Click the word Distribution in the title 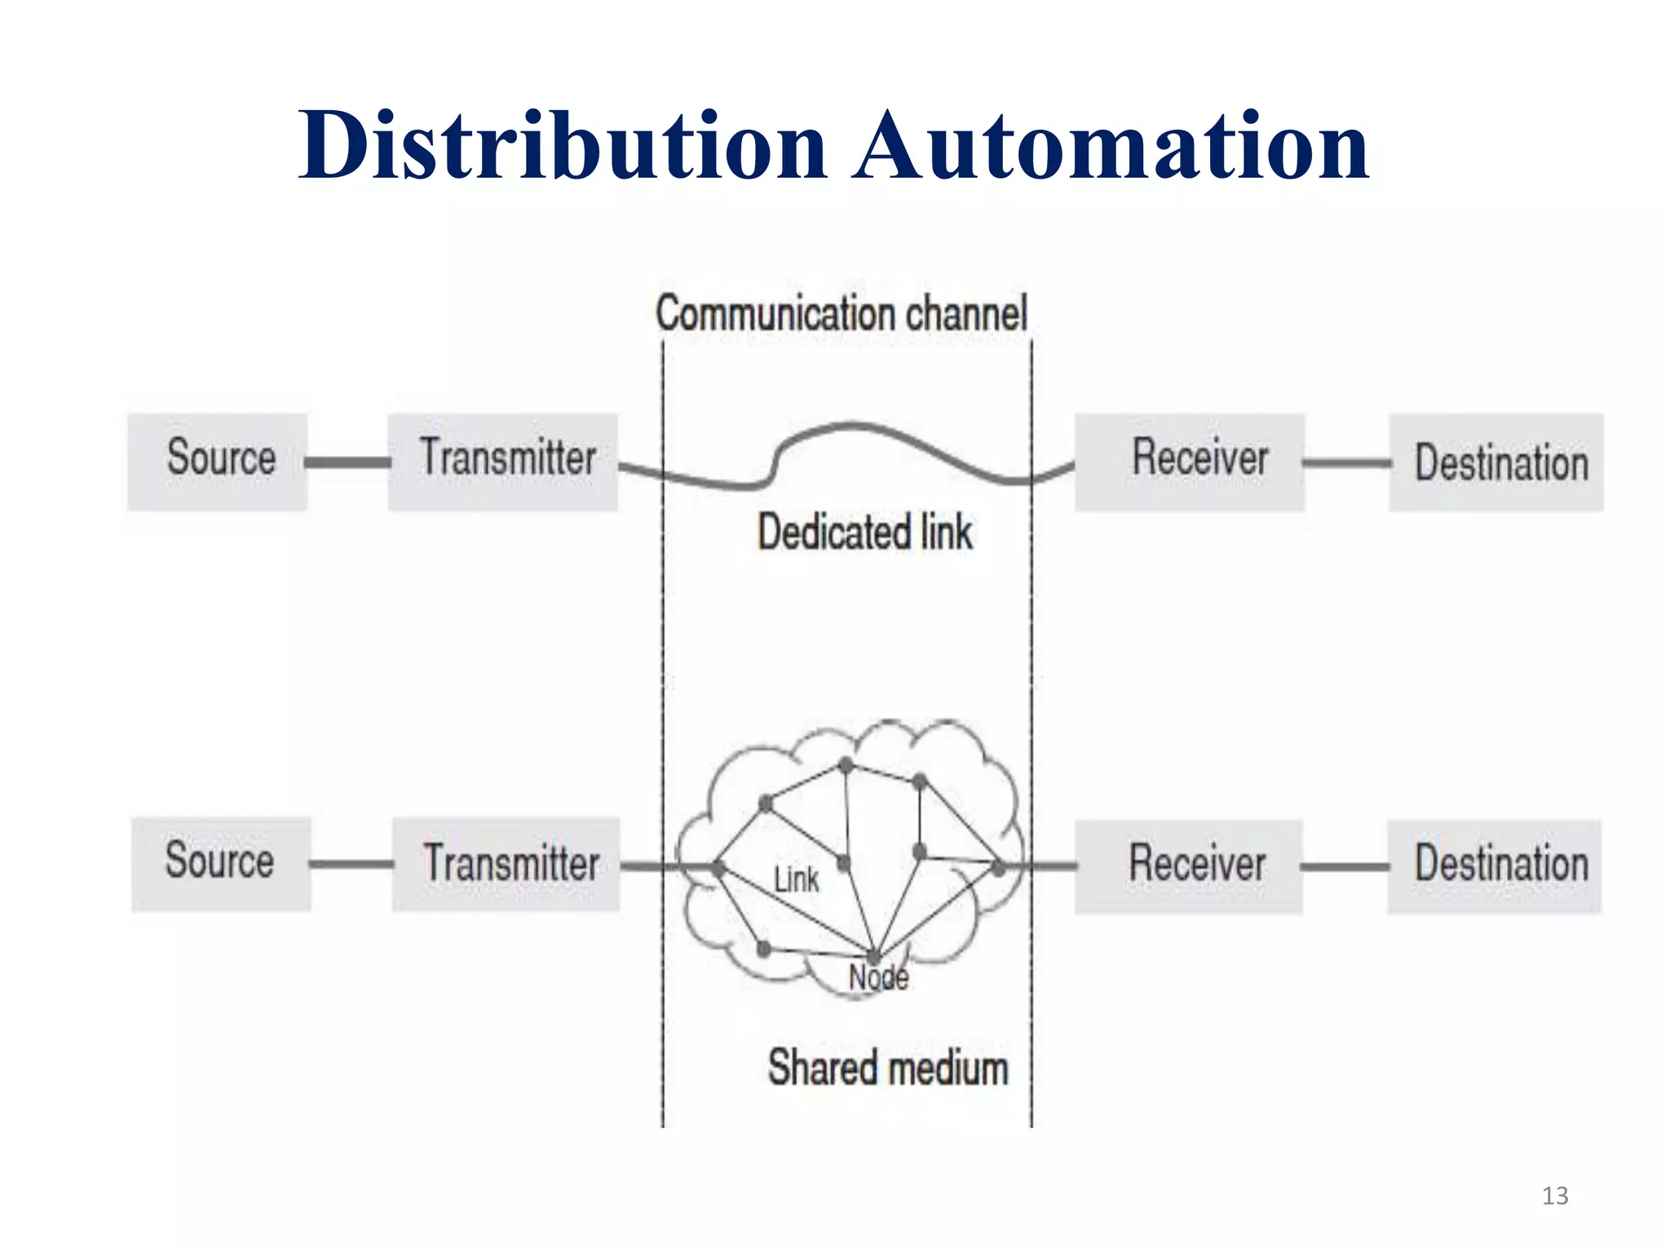pyautogui.click(x=563, y=147)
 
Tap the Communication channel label pyautogui.click(x=842, y=314)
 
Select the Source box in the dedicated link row pyautogui.click(x=218, y=462)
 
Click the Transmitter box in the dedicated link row pyautogui.click(x=503, y=462)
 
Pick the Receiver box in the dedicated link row pyautogui.click(x=1189, y=462)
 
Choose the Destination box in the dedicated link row pyautogui.click(x=1496, y=463)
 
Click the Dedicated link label pyautogui.click(x=865, y=533)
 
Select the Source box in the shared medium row pyautogui.click(x=221, y=864)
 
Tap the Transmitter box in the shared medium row pyautogui.click(x=506, y=864)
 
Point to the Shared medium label pyautogui.click(x=888, y=1068)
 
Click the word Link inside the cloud pyautogui.click(x=796, y=880)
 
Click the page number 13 pyautogui.click(x=1554, y=1196)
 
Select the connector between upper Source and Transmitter pyautogui.click(x=347, y=463)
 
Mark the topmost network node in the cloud pyautogui.click(x=846, y=765)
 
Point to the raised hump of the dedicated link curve pyautogui.click(x=852, y=426)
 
